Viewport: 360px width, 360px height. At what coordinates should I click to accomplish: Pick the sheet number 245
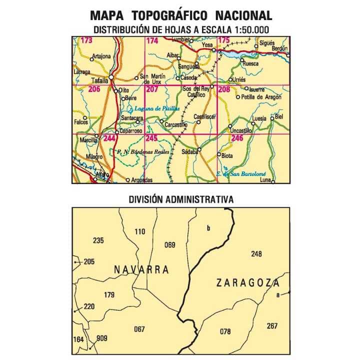point(151,138)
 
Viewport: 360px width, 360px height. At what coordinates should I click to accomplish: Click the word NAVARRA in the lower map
point(141,270)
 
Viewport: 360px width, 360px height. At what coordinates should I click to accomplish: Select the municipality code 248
point(256,253)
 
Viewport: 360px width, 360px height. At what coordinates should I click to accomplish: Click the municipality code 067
point(139,329)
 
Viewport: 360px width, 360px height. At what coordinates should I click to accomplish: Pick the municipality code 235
point(98,240)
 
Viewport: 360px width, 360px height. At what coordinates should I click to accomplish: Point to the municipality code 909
point(102,338)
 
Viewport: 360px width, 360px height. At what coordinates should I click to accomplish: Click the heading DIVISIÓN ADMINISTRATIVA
point(181,199)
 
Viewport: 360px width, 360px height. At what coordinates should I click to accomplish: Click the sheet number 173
point(86,40)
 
